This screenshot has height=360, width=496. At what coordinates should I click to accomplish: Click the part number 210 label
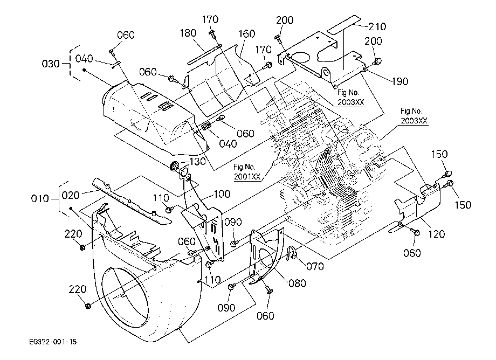click(x=377, y=26)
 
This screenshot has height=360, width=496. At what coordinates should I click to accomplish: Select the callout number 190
click(x=400, y=81)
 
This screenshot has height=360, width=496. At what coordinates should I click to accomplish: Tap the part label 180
click(x=188, y=33)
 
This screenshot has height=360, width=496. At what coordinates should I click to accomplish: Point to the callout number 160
click(x=247, y=33)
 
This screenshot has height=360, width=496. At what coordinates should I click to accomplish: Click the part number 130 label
click(x=197, y=162)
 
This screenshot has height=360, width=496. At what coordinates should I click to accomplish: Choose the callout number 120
click(x=437, y=234)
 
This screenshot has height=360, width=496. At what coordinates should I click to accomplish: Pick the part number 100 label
click(x=222, y=194)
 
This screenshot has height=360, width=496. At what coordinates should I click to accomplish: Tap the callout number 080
click(x=298, y=283)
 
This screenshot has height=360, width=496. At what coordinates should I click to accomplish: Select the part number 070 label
click(x=315, y=266)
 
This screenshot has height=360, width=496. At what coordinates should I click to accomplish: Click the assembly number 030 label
click(x=51, y=64)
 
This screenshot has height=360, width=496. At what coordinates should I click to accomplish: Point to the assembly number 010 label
click(x=40, y=199)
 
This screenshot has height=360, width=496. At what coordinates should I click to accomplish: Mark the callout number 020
click(x=71, y=195)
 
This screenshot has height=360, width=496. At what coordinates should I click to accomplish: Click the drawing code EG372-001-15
click(x=52, y=342)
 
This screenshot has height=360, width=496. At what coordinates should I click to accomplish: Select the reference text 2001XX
click(x=247, y=176)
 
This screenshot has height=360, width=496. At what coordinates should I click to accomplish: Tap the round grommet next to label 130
click(x=174, y=165)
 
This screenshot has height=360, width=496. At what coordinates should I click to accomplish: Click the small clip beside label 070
click(x=291, y=253)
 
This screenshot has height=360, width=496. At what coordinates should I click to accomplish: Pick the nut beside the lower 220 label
click(x=88, y=306)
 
